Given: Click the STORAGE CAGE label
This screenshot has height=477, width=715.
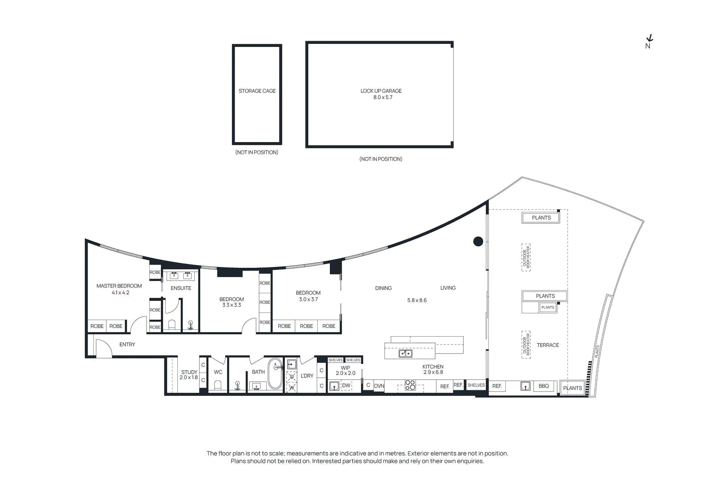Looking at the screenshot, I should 257,91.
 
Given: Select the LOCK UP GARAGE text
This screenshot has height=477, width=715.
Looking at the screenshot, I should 381,91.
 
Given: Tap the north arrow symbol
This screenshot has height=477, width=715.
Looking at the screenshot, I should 649,39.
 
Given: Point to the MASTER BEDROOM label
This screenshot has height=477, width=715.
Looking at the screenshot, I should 119,286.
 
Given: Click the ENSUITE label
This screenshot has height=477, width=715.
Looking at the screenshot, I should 181,288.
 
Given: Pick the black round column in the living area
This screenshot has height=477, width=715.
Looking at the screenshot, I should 478,241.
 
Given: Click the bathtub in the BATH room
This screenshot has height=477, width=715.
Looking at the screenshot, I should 275,374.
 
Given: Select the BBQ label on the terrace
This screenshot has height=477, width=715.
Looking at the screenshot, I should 543,386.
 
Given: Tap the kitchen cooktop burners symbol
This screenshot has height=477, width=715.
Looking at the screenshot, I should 410,385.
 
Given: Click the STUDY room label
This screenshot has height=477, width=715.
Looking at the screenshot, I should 189,372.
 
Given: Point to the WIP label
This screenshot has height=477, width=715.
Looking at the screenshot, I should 345,368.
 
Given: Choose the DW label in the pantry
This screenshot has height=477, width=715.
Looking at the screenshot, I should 346,385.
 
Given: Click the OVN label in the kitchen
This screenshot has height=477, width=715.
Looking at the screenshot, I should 379,386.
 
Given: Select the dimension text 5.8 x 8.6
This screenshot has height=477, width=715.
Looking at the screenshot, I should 417,300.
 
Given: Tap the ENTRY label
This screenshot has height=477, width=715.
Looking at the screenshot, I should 127,345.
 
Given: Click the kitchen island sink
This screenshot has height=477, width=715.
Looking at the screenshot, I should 406,354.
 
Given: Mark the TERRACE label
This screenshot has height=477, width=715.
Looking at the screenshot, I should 548,345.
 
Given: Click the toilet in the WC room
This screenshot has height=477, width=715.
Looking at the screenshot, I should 218,385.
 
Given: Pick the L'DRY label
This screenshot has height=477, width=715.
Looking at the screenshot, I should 307,376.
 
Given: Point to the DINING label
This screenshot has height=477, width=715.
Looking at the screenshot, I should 383,288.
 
